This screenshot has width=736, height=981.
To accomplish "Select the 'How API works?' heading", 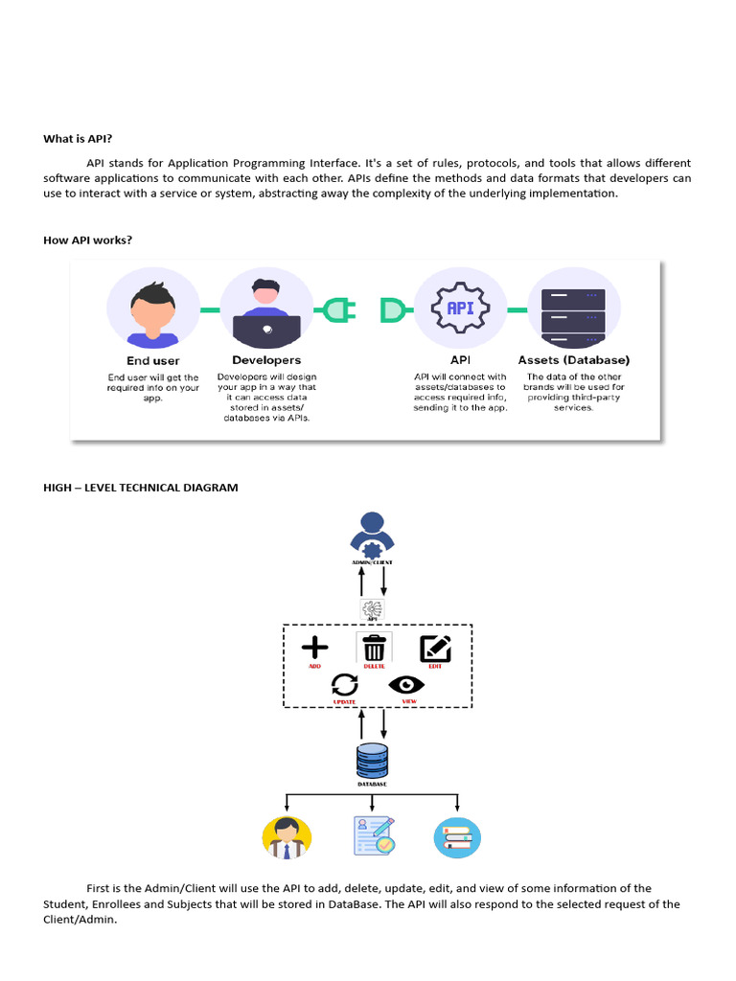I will pyautogui.click(x=87, y=240).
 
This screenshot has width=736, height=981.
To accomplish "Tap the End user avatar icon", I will pyautogui.click(x=152, y=310).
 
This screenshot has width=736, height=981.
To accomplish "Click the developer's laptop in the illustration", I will pyautogui.click(x=266, y=330).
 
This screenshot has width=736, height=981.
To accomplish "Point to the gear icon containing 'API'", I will pyautogui.click(x=459, y=309).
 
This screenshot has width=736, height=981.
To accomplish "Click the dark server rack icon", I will pyautogui.click(x=573, y=311).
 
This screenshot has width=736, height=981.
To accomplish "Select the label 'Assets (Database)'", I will pyautogui.click(x=573, y=360).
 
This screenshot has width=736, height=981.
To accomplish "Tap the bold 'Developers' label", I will pyautogui.click(x=266, y=360).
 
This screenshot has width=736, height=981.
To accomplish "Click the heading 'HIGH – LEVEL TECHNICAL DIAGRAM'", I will pyautogui.click(x=141, y=488).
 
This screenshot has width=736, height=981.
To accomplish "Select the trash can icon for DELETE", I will pyautogui.click(x=374, y=648).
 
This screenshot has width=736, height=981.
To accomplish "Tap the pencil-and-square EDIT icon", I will pyautogui.click(x=435, y=649).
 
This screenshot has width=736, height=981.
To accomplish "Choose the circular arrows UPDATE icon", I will pyautogui.click(x=344, y=684).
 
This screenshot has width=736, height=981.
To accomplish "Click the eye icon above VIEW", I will pyautogui.click(x=406, y=684).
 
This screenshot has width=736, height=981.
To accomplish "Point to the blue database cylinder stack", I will pyautogui.click(x=372, y=761).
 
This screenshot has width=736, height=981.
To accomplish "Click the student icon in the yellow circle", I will pyautogui.click(x=287, y=837).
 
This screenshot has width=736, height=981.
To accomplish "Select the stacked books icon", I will pyautogui.click(x=457, y=837).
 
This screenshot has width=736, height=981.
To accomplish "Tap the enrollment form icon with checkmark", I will pyautogui.click(x=373, y=835).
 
